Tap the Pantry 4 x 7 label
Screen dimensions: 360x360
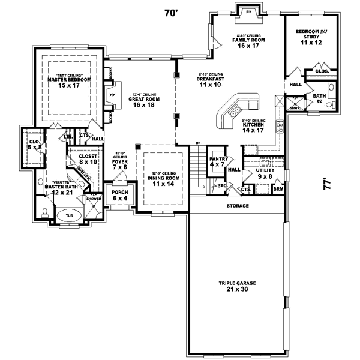pyautogui.click(x=218, y=161)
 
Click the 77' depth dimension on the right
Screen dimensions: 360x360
pyautogui.click(x=326, y=182)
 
